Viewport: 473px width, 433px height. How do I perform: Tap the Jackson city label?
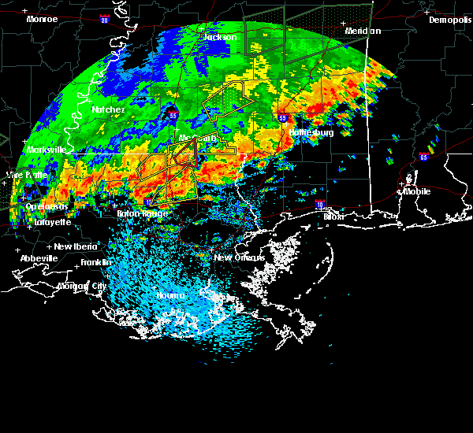(x=220, y=37)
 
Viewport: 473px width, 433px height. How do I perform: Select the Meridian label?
(x=363, y=31)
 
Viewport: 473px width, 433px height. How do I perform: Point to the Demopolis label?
(x=449, y=20)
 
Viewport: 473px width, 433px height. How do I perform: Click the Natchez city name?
(x=108, y=109)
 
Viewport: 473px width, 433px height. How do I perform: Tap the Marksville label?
(x=46, y=149)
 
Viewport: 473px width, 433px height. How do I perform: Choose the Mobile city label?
(x=417, y=191)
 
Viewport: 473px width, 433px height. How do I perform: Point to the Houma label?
(x=169, y=295)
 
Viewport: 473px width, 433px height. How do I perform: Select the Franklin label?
(x=96, y=262)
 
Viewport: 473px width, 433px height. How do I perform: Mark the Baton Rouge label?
(x=143, y=213)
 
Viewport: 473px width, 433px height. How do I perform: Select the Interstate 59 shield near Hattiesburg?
(x=282, y=117)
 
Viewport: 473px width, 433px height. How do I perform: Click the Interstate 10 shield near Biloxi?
(x=319, y=205)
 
